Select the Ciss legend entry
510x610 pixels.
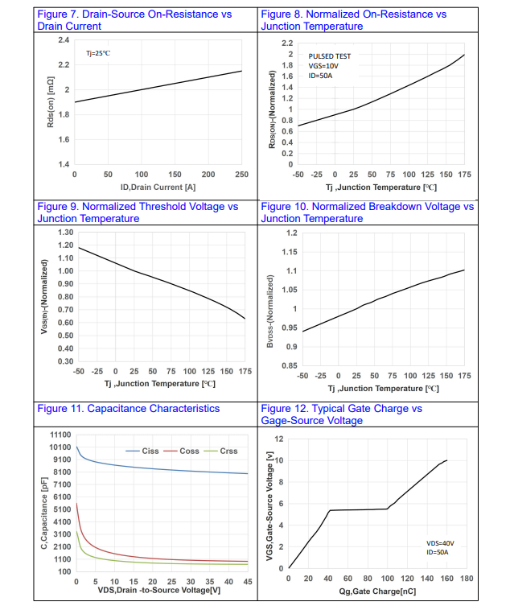point(150,451)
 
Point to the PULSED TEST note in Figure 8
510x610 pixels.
point(330,56)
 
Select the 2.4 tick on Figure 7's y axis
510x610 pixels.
point(64,39)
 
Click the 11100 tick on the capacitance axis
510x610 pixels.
point(59,435)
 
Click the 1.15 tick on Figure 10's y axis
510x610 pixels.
point(288,252)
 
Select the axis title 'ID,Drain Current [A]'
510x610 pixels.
point(158,186)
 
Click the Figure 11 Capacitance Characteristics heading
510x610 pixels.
point(129,409)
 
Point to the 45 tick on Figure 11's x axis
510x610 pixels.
point(248,582)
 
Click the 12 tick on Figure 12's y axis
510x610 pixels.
point(278,439)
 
